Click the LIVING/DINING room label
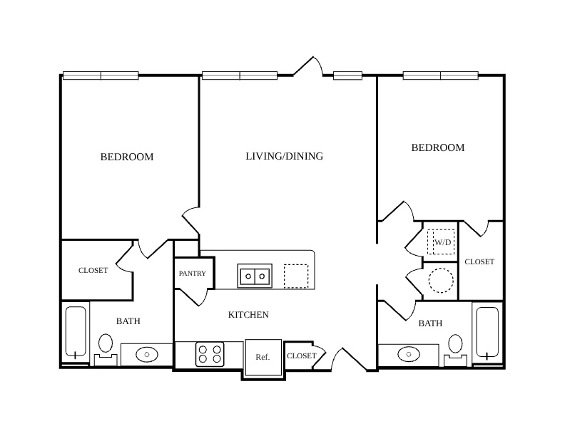coord(285,156)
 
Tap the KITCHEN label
coord(248,315)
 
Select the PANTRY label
coord(193,274)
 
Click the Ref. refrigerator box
coord(263,357)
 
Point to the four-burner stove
coord(210,354)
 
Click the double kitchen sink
coord(255,276)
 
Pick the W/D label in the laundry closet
coord(442,242)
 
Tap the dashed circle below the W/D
coord(441,280)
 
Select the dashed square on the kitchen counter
coord(296,276)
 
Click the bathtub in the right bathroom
coord(487,333)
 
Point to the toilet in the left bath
coord(106,350)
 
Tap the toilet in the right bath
coord(455,350)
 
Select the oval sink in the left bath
coord(147,355)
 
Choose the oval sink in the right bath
coord(409,354)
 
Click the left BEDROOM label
coord(127,157)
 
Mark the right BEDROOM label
coord(438,147)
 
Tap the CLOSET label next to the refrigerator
coord(302,355)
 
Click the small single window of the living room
coord(347,76)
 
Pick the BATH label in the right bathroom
coord(430,323)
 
